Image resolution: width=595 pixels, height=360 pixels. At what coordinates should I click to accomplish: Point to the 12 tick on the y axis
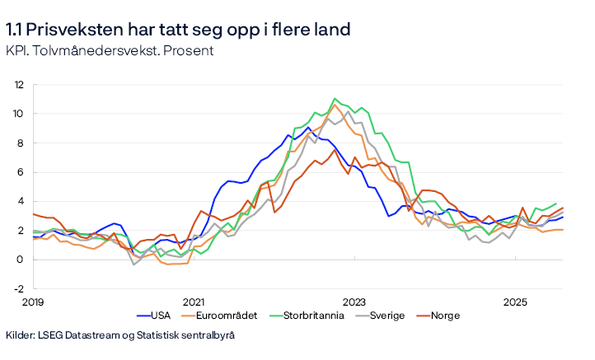click(x=17, y=84)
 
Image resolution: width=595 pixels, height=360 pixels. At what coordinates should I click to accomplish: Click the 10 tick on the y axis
click(x=17, y=114)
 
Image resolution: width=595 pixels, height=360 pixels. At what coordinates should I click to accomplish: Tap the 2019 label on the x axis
click(x=32, y=302)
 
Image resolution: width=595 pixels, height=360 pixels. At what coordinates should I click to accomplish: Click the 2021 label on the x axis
click(x=193, y=302)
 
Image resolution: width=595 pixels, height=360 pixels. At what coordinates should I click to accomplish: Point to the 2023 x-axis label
click(x=354, y=302)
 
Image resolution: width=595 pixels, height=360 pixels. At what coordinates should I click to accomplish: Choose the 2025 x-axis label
click(x=514, y=302)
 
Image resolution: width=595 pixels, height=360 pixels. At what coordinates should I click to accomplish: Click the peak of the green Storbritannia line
click(x=335, y=99)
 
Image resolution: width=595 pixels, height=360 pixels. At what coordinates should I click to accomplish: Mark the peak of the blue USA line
click(x=308, y=128)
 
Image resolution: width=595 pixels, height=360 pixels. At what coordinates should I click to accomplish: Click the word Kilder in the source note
click(x=21, y=336)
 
